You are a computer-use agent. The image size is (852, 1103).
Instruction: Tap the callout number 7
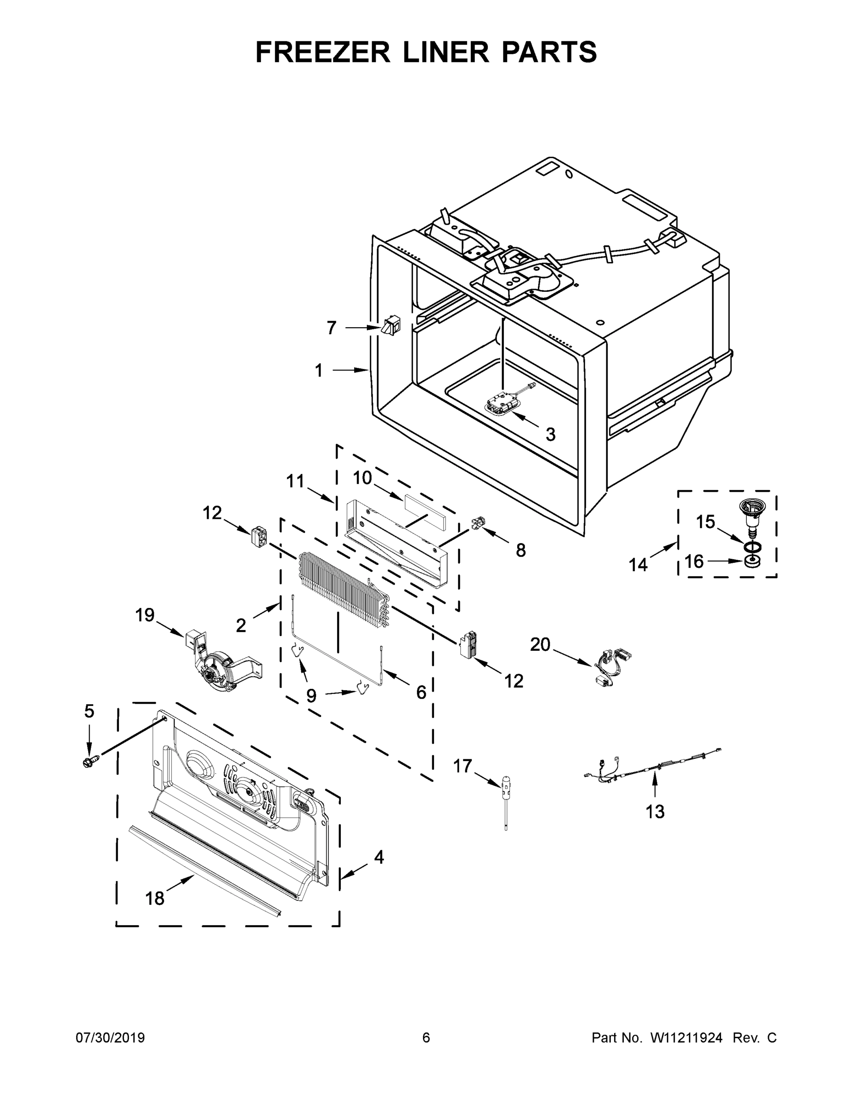[331, 328]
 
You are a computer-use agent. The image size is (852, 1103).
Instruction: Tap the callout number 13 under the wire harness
[655, 812]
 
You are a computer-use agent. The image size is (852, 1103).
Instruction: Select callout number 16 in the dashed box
[694, 561]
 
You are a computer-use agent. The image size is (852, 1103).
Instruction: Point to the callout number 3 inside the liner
[550, 434]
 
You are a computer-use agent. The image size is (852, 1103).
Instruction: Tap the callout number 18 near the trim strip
[154, 898]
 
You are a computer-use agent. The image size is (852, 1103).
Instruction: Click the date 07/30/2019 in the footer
[110, 1038]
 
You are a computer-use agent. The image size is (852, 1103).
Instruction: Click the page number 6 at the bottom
[426, 1038]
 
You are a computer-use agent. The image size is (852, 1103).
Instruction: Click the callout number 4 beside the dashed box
[378, 857]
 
